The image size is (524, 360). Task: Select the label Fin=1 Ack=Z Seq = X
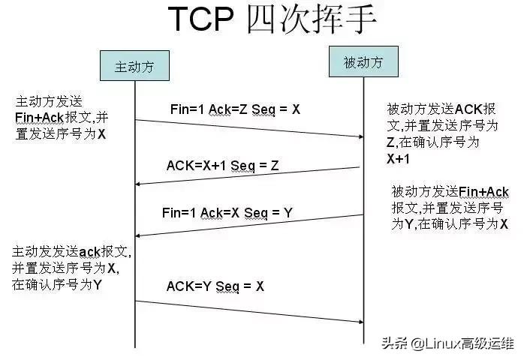tap(235, 109)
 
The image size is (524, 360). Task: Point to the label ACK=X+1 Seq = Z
tap(222, 166)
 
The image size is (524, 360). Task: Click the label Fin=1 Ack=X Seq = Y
tap(227, 213)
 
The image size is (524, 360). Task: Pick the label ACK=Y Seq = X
tap(215, 286)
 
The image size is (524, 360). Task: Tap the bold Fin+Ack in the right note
tap(483, 191)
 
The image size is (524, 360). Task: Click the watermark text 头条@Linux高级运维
tap(447, 344)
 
